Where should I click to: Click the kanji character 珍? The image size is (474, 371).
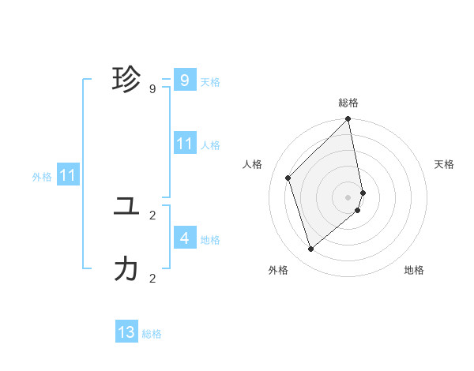click(126, 80)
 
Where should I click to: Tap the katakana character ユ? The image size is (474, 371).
click(126, 207)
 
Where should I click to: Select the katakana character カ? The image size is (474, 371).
click(126, 270)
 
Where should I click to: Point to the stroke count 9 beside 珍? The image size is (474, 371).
click(152, 89)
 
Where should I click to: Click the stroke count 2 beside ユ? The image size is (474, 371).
click(152, 215)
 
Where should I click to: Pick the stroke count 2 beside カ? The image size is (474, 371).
click(152, 278)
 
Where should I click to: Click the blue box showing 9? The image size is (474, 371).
click(184, 80)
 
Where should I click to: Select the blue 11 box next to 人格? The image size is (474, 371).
click(184, 144)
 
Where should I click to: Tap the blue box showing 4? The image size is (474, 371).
click(184, 238)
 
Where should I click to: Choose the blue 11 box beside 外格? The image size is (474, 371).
click(67, 176)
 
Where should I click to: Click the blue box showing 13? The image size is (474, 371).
click(126, 332)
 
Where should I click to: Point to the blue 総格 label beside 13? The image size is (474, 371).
click(152, 334)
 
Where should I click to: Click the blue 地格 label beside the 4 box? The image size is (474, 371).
click(210, 240)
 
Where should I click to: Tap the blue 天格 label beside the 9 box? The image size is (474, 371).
click(210, 82)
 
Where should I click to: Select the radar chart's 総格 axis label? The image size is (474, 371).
click(348, 103)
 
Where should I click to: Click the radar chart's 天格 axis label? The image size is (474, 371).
click(445, 164)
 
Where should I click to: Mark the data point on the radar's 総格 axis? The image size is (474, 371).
click(348, 120)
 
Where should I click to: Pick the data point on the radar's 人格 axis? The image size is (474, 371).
click(288, 178)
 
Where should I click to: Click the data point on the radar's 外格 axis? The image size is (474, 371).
click(311, 249)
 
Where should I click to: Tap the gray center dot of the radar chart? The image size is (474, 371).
click(348, 197)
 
